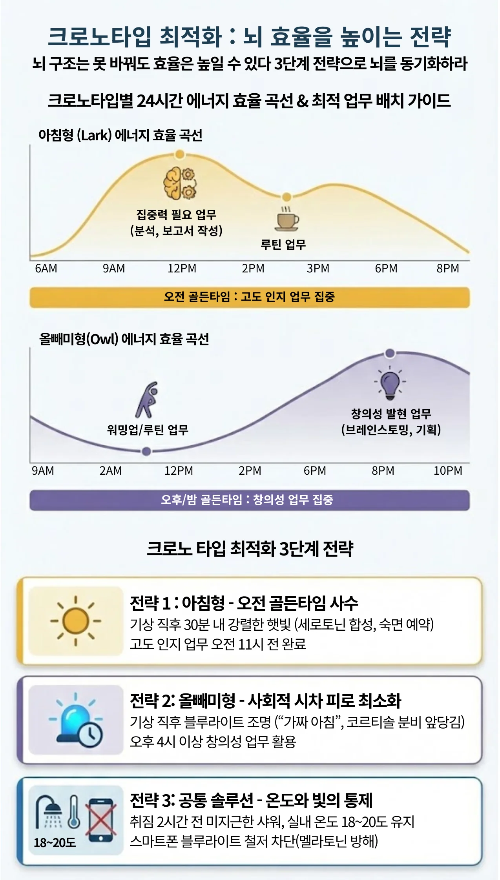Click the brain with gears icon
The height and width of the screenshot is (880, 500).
180,183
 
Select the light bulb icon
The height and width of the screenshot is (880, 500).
390,383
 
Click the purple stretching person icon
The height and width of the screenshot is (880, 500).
147,399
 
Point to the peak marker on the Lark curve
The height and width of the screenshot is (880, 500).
180,154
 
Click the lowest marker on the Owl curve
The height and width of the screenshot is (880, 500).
146,451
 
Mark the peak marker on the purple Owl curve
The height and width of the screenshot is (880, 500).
390,353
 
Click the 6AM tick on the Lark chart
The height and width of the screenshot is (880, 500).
46,269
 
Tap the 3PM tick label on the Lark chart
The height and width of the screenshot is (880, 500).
318,269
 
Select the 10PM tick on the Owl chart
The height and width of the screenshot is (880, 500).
447,470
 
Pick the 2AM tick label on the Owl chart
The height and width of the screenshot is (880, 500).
111,470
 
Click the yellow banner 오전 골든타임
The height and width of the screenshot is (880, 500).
250,297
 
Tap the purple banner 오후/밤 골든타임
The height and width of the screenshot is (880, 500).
250,500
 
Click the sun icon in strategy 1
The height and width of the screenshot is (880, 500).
76,621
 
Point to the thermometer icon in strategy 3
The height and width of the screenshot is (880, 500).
74,812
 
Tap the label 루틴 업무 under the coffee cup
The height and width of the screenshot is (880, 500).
283,245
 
